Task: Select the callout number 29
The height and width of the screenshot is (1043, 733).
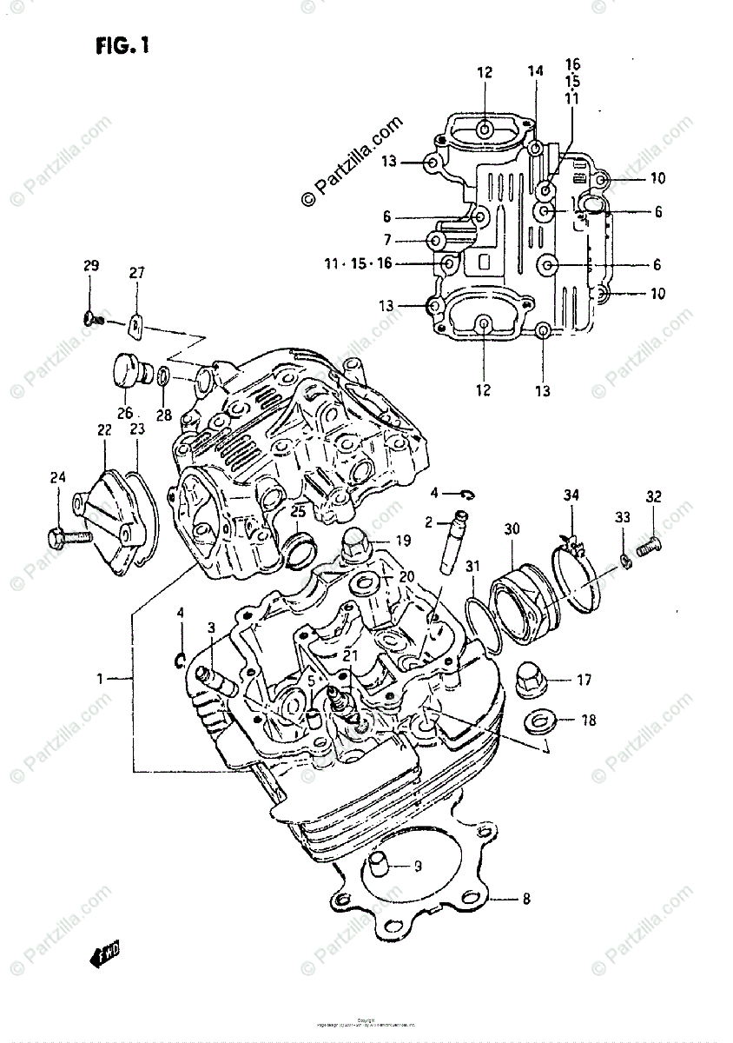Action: click(x=91, y=266)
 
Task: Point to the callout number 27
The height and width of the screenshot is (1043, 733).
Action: click(x=136, y=273)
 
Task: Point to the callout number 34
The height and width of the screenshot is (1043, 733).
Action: click(x=570, y=496)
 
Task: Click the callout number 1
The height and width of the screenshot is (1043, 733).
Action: click(x=102, y=678)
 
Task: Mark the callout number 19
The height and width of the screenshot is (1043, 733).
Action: click(x=403, y=541)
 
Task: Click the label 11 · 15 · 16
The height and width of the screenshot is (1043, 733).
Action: click(x=360, y=263)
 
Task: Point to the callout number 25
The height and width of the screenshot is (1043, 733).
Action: click(x=298, y=512)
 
